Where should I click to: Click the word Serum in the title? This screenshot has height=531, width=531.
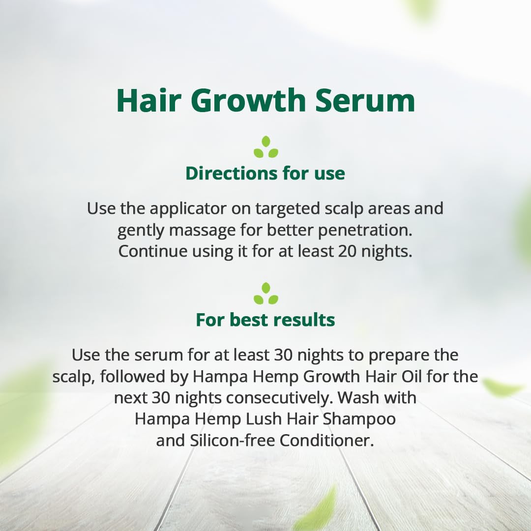[x=365, y=101]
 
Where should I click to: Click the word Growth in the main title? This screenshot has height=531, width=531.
[x=249, y=100]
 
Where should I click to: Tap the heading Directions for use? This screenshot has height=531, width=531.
[x=265, y=173]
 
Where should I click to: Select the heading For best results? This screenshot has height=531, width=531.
[x=265, y=320]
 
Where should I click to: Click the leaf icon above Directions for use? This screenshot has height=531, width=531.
[x=266, y=147]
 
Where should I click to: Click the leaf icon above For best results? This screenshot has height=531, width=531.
[x=266, y=293]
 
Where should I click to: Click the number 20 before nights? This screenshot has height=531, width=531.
[x=347, y=251]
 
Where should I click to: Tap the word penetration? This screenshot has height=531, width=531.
[x=365, y=231]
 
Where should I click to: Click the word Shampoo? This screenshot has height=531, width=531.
[x=359, y=419]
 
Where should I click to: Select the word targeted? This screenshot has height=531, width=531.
[x=288, y=209]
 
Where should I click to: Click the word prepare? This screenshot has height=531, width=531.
[x=397, y=355]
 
